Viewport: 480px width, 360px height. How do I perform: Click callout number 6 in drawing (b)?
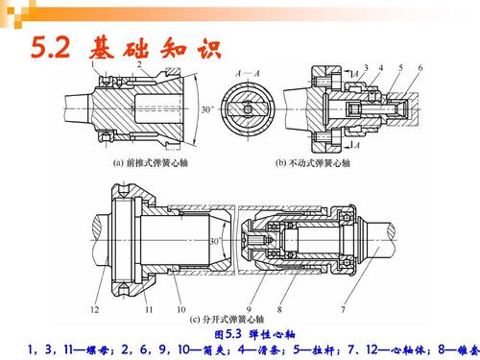click(x=419, y=66)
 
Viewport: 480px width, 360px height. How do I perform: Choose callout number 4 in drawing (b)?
click(x=381, y=66)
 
